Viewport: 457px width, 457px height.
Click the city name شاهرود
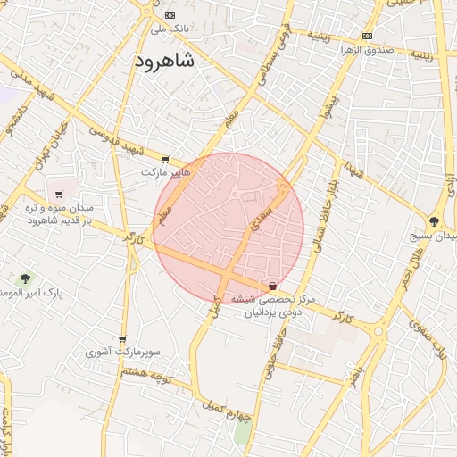166,61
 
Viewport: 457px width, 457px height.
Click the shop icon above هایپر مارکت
165,160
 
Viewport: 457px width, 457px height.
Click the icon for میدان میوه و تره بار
59,194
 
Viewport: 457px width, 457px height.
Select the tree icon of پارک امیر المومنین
24,278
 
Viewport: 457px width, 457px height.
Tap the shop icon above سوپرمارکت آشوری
122,338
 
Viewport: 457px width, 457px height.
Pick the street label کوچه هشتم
148,376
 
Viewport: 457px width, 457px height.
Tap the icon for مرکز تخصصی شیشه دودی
272,287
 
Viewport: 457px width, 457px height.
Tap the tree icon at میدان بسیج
435,220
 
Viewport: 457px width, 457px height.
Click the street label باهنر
358,362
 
